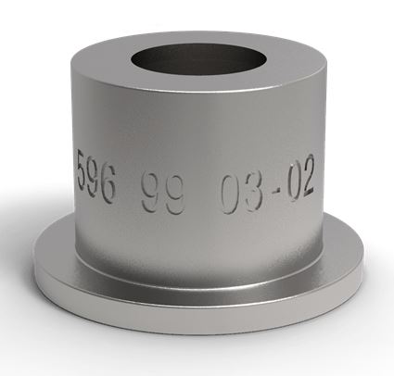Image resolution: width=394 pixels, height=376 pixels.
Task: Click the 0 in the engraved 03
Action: pyautogui.click(x=231, y=194)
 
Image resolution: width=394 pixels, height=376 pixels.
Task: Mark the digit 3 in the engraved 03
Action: pyautogui.click(x=254, y=192)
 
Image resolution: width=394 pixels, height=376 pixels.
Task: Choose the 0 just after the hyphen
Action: pyautogui.click(x=291, y=182)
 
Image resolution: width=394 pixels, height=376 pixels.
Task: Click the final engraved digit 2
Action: pyautogui.click(x=307, y=175)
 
